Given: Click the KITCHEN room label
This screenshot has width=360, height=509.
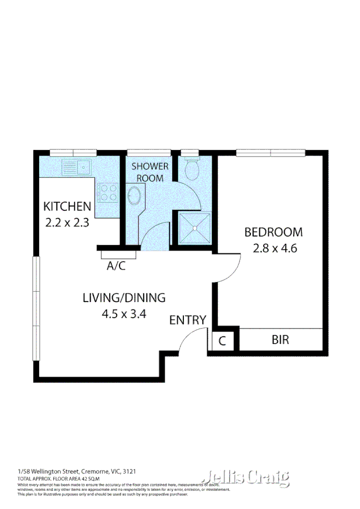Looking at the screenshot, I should [x=67, y=206].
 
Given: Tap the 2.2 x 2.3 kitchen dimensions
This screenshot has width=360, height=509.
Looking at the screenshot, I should [x=67, y=222].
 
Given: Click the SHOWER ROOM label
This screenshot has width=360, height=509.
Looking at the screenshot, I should [x=150, y=172].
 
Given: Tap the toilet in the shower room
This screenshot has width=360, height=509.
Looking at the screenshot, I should [x=191, y=168].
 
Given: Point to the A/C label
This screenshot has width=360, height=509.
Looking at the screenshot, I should [x=116, y=266].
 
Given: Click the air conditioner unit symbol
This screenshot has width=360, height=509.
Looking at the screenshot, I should [x=116, y=255].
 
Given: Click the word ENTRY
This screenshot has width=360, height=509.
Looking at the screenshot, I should [x=188, y=320].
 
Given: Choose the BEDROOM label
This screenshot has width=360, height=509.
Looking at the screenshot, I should [x=273, y=232].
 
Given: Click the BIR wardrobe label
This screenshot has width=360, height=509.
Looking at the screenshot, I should [x=281, y=340].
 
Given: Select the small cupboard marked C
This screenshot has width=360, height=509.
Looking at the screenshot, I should [x=222, y=341].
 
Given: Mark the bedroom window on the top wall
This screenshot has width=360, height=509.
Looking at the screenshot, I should [x=270, y=152].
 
